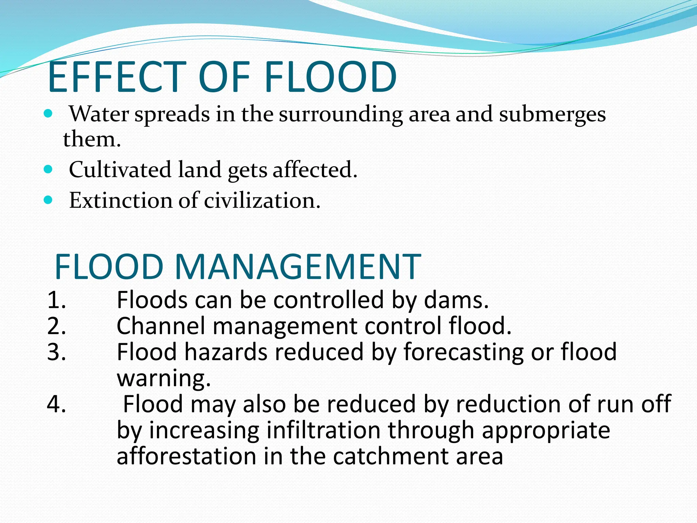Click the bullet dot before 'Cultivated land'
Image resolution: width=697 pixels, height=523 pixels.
click(x=48, y=169)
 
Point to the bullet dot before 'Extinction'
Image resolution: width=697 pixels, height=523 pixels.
click(x=48, y=200)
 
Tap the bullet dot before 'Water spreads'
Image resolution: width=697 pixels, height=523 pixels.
click(x=48, y=113)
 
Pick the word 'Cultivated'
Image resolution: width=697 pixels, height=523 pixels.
click(x=120, y=169)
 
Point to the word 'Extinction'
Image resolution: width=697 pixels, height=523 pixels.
click(x=120, y=200)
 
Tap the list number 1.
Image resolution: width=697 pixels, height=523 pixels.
click(x=56, y=300)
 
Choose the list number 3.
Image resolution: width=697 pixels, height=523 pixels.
click(x=56, y=352)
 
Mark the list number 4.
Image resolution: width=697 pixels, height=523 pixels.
click(x=56, y=404)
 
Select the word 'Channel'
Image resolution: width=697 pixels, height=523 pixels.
click(x=161, y=326)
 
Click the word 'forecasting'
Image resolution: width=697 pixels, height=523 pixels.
click(x=464, y=352)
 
